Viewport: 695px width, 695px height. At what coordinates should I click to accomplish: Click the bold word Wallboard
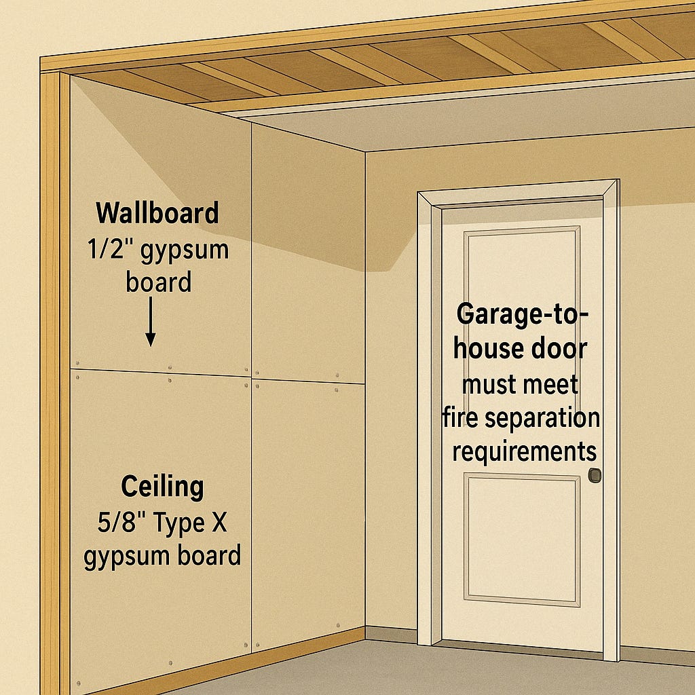157,213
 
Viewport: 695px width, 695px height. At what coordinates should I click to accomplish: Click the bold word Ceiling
162,487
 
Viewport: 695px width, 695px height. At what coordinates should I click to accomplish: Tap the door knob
595,475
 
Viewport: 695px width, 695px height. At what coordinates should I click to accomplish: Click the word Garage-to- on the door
522,314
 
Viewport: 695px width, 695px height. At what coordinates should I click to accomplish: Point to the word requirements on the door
524,451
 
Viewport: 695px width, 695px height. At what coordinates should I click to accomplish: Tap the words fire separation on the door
521,418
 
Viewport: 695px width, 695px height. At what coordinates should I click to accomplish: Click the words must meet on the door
521,385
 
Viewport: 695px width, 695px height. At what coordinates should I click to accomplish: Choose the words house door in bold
521,349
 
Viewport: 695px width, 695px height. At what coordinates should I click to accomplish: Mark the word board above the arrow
158,282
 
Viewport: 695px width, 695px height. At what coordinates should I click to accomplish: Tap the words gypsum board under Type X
162,557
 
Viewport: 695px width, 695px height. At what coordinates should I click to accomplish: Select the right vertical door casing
610,421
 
